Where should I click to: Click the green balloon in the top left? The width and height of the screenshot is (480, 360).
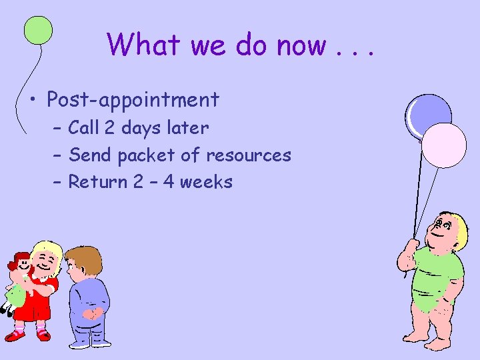[39, 31]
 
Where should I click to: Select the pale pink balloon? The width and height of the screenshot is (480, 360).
[445, 144]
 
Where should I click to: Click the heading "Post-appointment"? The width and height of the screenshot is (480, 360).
[133, 100]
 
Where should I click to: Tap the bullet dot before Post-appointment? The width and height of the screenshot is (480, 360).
[33, 101]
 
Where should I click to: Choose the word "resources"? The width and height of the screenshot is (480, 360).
[249, 155]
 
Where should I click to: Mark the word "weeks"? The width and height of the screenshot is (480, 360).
[208, 181]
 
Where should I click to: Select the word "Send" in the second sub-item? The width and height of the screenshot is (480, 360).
[91, 155]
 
